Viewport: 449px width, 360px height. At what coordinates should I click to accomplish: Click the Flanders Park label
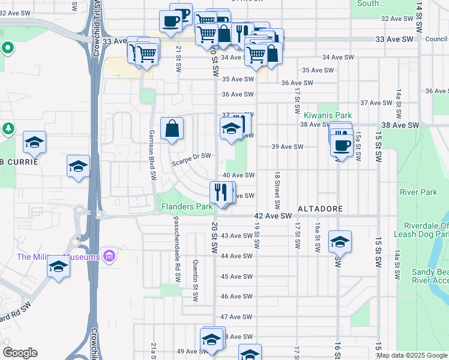[x=187, y=206]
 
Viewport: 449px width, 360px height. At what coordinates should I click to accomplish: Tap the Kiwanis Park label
[x=327, y=115]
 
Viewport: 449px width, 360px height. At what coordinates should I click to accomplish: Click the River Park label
[x=418, y=193]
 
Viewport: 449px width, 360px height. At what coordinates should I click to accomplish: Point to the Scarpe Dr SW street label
[x=191, y=156]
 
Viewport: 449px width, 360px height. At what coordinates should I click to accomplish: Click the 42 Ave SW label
[x=273, y=215]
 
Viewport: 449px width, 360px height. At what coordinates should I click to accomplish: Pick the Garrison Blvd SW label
[x=153, y=155]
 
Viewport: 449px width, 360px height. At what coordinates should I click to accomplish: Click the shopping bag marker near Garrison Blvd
[x=172, y=129]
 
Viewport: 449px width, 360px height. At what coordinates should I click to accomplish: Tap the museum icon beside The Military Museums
[x=109, y=257]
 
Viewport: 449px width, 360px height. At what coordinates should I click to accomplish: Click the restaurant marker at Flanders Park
[x=221, y=193]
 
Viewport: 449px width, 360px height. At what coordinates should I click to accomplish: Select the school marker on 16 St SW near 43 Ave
[x=340, y=242]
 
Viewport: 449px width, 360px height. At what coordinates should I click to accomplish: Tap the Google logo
[x=20, y=353]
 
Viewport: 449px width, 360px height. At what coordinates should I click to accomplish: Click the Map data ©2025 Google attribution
[x=412, y=355]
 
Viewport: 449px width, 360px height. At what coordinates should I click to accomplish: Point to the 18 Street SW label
[x=277, y=190]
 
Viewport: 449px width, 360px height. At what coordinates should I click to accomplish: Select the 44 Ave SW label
[x=235, y=256]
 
